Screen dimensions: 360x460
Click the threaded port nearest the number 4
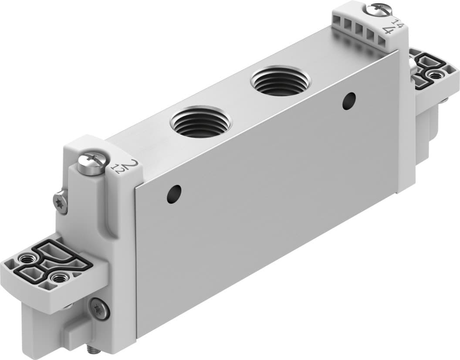[x=281, y=81]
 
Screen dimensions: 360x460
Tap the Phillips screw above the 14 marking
[x=375, y=8]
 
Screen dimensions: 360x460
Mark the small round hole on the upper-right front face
[x=348, y=100]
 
